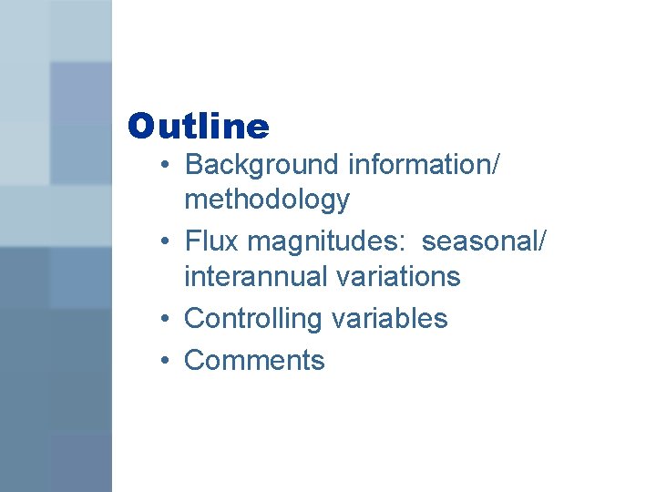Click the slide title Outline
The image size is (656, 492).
click(199, 127)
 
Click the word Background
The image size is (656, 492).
click(261, 165)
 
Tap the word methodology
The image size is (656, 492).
click(266, 199)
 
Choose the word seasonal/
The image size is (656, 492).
click(485, 241)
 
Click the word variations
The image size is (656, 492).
click(398, 276)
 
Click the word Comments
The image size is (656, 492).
click(254, 360)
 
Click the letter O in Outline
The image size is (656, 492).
click(142, 127)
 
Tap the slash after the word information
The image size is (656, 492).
click(495, 165)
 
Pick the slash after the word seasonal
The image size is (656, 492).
click(544, 241)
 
